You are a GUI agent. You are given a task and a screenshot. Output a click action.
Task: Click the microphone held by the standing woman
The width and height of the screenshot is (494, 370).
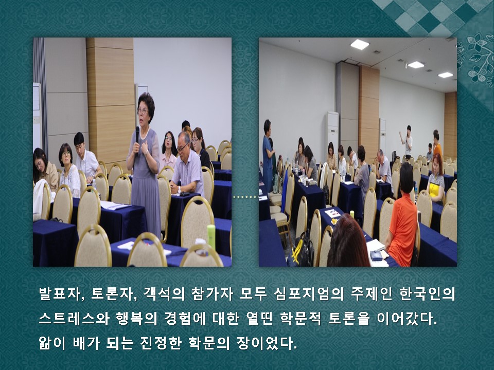137,136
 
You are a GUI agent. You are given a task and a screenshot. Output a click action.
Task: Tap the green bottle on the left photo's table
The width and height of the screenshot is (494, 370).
211,236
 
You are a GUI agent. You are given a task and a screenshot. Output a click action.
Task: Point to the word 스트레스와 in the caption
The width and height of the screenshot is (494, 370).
74,319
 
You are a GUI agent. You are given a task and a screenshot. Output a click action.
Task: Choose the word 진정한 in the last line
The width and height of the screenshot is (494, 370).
161,343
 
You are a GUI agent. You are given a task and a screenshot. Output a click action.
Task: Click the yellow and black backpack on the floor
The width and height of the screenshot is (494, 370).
302,249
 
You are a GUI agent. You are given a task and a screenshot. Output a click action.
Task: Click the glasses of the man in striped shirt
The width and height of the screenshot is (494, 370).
183,147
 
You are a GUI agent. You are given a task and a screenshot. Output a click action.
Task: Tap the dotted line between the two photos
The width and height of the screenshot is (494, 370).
245,197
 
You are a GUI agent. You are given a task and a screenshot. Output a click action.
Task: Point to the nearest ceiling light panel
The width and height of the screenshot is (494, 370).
360,44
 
